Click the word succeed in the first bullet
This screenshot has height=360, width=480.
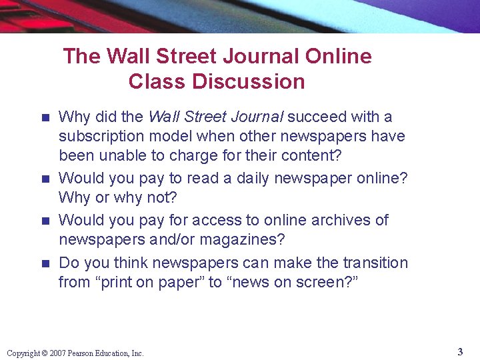pyautogui.click(x=317, y=117)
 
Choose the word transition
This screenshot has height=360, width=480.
pyautogui.click(x=375, y=263)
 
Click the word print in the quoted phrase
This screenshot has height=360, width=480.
pyautogui.click(x=123, y=282)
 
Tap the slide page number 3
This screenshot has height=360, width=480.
pyautogui.click(x=460, y=351)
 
